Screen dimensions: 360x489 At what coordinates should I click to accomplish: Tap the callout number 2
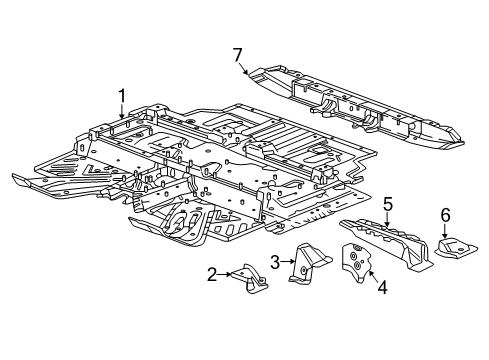click(212, 274)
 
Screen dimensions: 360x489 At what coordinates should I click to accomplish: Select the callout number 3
click(273, 261)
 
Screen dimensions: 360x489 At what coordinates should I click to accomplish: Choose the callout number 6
click(446, 214)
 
